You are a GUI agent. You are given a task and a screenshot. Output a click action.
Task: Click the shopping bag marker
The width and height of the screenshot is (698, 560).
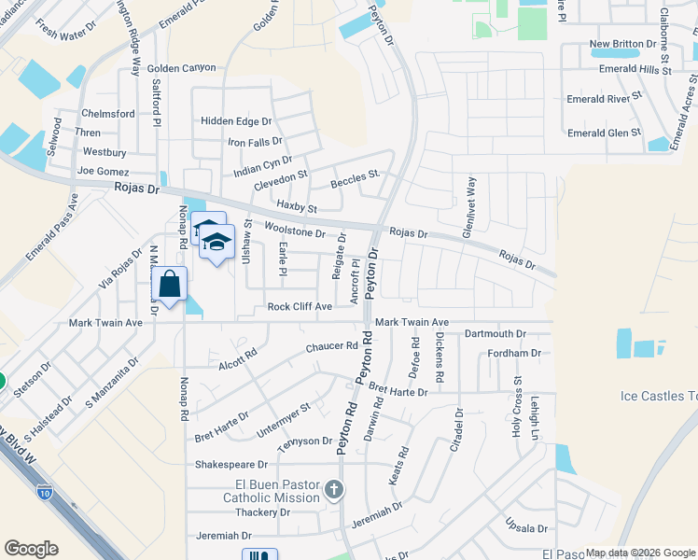[x=169, y=284]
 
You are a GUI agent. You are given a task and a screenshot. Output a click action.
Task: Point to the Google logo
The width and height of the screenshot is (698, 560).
[x=31, y=549]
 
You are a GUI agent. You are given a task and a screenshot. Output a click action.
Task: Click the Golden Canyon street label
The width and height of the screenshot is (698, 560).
[x=181, y=68]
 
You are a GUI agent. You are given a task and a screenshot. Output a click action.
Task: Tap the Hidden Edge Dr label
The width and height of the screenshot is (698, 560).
[x=236, y=121]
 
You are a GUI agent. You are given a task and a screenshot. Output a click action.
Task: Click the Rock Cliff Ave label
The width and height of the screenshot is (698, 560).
[x=300, y=306]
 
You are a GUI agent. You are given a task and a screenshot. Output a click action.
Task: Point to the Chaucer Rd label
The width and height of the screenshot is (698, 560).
[x=332, y=347]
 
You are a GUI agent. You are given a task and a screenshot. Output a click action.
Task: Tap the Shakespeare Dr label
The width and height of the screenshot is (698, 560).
[x=231, y=464]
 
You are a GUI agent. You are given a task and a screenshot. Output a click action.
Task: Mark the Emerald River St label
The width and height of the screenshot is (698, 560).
[x=606, y=98]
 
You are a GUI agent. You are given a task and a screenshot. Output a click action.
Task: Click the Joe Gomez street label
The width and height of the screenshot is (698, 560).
[x=102, y=172]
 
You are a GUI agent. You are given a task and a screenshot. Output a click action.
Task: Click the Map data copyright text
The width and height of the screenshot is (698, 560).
[x=639, y=553]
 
